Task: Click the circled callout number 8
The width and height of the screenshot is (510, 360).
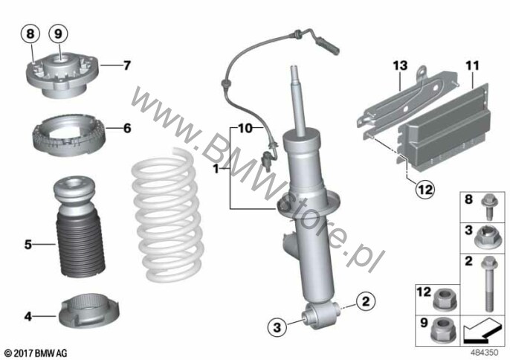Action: click(x=30, y=33)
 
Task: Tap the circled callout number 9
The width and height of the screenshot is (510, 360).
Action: click(x=58, y=33)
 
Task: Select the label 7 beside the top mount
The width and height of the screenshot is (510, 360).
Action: click(x=127, y=65)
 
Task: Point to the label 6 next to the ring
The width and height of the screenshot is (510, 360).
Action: click(x=127, y=128)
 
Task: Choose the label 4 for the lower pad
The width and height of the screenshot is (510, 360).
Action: click(x=28, y=316)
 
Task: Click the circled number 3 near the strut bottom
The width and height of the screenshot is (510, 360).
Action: click(x=277, y=327)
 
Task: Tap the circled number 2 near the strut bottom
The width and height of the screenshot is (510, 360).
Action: click(x=366, y=301)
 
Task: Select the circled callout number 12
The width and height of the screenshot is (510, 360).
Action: click(x=425, y=189)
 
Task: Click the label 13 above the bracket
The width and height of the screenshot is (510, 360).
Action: click(x=401, y=65)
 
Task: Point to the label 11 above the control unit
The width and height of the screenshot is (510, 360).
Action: click(x=473, y=65)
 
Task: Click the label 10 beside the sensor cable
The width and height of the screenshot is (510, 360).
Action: click(x=245, y=128)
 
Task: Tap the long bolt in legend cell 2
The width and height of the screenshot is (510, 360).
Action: click(x=489, y=284)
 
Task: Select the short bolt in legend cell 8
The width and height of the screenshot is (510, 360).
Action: click(x=488, y=207)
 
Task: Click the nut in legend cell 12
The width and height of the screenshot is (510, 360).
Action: click(x=445, y=299)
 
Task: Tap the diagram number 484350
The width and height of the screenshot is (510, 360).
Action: click(x=484, y=353)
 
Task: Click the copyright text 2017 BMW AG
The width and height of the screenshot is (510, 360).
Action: click(x=36, y=353)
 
